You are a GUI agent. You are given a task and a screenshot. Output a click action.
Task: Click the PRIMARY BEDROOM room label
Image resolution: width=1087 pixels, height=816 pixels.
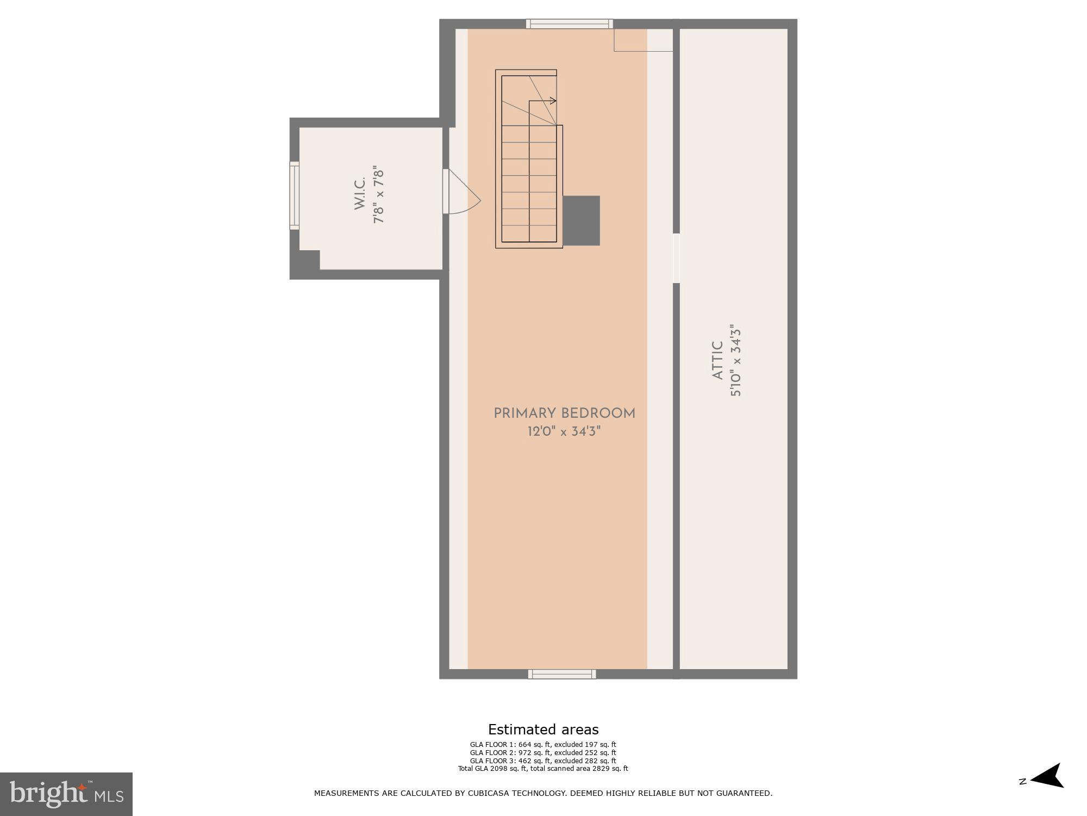(564, 413)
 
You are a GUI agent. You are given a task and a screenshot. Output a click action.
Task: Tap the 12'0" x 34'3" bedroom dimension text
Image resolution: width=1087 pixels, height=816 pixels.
(564, 432)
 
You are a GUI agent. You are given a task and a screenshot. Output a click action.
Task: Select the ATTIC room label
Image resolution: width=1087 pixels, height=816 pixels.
(717, 361)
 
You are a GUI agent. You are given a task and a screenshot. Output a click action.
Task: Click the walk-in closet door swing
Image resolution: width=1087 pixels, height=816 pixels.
(462, 193)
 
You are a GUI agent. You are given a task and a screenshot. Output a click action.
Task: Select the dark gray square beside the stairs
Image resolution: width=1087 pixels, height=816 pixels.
(581, 220)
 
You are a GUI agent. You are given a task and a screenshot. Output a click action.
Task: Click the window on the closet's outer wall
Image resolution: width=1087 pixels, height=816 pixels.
(294, 195)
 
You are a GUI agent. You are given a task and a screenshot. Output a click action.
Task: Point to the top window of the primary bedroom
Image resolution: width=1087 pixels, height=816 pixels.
(569, 23)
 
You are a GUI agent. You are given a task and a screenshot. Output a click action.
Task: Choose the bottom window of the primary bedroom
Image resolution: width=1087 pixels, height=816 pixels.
(562, 675)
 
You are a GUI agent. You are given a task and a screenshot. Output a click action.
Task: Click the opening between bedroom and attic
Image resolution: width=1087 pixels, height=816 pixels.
(676, 258)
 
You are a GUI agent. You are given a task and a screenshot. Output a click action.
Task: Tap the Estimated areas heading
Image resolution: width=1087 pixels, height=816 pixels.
(543, 730)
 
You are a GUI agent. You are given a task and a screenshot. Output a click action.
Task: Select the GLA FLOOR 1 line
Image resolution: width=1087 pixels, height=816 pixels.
(543, 745)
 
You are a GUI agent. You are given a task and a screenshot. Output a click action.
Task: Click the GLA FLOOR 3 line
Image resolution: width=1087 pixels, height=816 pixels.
(543, 761)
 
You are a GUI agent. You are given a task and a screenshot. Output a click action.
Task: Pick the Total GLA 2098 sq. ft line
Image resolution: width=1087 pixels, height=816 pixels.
(543, 769)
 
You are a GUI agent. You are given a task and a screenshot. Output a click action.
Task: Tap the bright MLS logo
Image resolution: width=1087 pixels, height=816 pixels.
(66, 794)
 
